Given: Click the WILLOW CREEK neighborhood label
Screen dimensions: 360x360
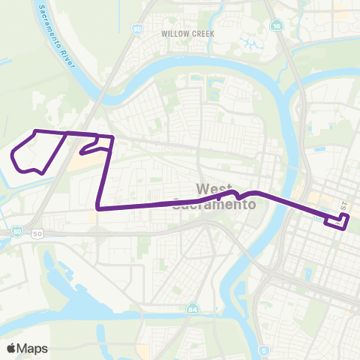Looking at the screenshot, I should coord(187,34).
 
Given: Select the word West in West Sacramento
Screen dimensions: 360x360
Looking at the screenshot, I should coord(211,188).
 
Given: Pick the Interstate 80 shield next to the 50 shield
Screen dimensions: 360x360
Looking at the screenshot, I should coord(16,234).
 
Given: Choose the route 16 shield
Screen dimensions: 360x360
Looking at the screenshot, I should coord(278,25).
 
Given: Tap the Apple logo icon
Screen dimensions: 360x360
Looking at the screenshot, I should coord(11,348).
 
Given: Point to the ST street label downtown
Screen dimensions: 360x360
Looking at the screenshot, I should coord(344,205).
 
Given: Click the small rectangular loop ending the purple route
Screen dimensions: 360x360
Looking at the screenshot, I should coord(336,221).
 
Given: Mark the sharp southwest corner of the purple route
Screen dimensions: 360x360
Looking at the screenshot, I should coord(98,208).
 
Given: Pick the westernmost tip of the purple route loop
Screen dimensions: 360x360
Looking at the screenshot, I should coord(13,157).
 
